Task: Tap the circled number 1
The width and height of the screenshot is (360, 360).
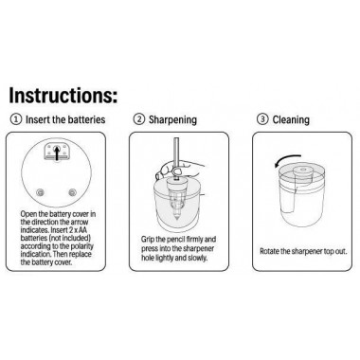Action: (16, 119)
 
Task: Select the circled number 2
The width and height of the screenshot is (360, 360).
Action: (139, 119)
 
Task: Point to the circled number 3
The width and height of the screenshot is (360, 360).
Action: (262, 119)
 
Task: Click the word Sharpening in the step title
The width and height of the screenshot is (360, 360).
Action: (172, 120)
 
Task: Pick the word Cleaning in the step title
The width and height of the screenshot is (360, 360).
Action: (291, 120)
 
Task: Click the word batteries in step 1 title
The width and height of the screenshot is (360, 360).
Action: (87, 119)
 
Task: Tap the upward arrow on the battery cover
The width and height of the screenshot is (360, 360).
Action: (57, 153)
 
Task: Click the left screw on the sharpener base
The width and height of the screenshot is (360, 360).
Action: (40, 192)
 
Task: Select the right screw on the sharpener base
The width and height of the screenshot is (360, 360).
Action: (72, 192)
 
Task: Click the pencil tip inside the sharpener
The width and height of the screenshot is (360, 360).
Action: (176, 218)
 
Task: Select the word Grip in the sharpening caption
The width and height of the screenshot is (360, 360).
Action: (147, 240)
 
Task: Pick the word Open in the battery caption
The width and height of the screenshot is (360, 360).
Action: (27, 214)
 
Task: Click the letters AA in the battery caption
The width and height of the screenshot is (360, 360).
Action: (83, 230)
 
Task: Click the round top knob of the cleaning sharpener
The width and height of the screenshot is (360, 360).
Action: (301, 171)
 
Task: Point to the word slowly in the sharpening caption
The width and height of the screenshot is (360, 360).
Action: (197, 258)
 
